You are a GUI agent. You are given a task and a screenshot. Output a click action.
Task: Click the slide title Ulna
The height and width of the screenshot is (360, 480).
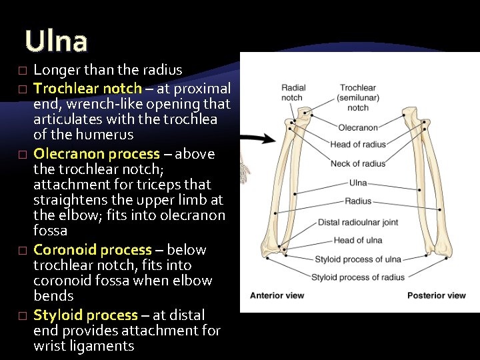pos(56,41)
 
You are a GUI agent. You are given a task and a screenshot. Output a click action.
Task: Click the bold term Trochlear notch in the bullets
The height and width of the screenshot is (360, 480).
pos(87,89)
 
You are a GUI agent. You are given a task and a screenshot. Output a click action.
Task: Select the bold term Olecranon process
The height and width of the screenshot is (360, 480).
pos(97,154)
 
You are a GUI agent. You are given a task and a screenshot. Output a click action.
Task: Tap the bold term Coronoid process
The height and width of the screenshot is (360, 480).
pos(93,250)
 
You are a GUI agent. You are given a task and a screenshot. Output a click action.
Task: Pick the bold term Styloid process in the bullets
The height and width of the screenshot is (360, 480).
pos(85,315)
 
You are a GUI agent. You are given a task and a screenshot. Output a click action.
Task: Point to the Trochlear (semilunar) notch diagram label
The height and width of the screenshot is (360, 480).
pos(358,97)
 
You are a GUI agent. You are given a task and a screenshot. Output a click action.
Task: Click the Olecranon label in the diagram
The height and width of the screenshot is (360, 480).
pos(358,127)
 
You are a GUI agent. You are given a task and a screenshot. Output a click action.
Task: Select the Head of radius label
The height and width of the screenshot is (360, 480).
pos(358,145)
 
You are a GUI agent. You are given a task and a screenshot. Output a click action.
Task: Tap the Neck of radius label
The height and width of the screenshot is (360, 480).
pos(358,163)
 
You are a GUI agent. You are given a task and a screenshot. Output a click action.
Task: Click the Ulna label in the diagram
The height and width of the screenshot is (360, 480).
pos(358,182)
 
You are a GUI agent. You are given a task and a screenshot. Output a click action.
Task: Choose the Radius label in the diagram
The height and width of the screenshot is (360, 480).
pos(358,201)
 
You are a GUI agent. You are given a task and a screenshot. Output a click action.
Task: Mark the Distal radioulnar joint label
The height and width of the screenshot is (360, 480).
pos(358,222)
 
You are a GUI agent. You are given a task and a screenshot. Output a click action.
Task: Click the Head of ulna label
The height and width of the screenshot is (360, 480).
pos(358,241)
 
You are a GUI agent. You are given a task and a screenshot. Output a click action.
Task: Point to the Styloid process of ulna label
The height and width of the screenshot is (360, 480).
pos(358,259)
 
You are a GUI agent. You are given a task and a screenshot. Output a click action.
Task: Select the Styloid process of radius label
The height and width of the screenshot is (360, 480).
pos(358,277)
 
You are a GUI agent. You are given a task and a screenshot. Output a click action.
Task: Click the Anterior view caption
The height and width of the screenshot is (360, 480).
pos(277,295)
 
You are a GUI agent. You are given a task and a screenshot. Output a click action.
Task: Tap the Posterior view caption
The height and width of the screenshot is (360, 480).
pos(437,295)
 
